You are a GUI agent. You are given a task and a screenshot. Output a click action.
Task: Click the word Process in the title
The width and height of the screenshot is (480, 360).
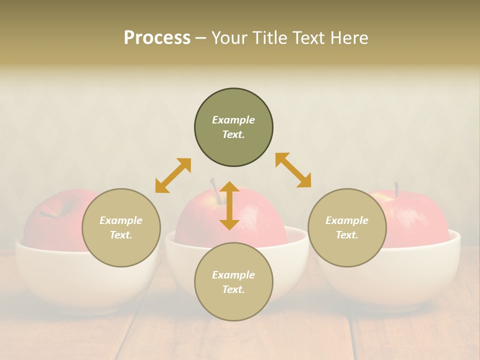pyautogui.click(x=157, y=38)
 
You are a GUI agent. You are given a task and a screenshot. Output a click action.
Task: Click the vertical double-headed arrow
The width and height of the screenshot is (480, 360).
pyautogui.click(x=229, y=205)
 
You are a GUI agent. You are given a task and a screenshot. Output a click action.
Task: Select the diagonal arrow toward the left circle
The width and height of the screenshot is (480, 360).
pyautogui.click(x=173, y=175)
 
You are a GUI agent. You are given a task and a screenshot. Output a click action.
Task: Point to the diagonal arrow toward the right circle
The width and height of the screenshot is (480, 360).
pyautogui.click(x=293, y=170)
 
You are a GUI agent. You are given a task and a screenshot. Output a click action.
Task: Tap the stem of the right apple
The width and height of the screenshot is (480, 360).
pyautogui.click(x=396, y=189)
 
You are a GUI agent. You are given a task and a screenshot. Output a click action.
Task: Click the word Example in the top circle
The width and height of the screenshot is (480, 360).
pyautogui.click(x=233, y=120)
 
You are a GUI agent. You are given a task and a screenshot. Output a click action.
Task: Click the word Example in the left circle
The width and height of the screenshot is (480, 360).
pyautogui.click(x=121, y=220)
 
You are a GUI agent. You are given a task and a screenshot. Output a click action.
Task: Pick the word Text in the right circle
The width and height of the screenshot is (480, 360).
pyautogui.click(x=346, y=235)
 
